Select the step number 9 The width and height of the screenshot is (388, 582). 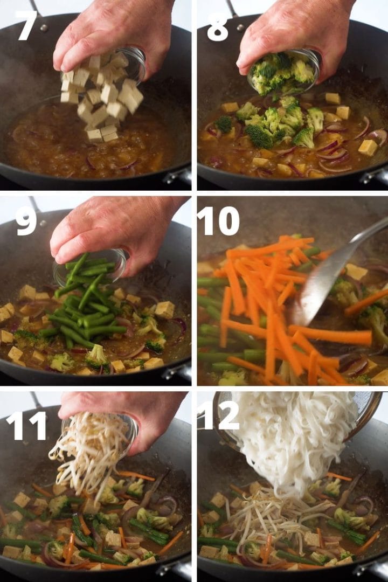click(26, 220)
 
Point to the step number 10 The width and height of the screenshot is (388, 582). click(218, 220)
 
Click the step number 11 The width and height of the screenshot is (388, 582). click(26, 418)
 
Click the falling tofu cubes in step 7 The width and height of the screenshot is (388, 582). click(102, 100)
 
